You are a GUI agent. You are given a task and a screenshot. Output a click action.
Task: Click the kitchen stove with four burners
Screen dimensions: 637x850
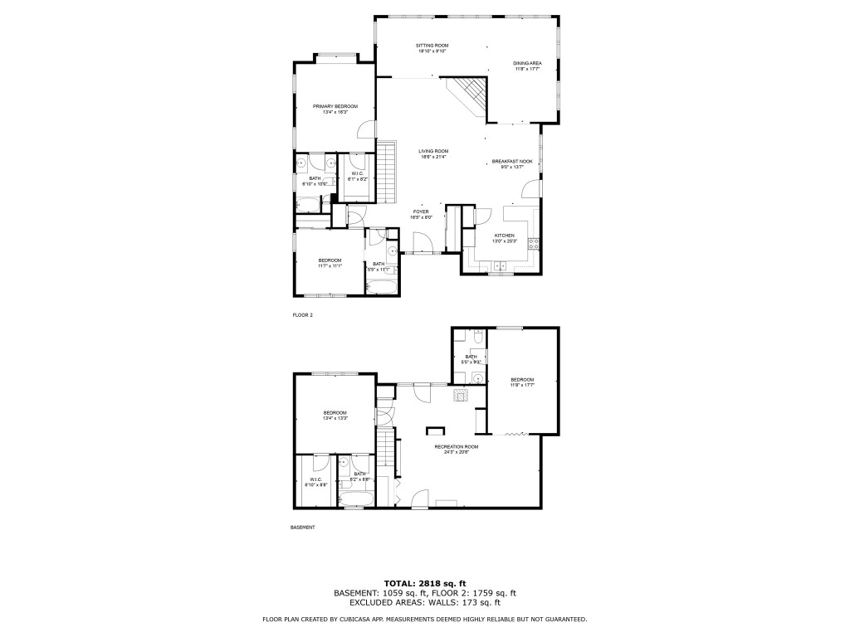pos(536,244)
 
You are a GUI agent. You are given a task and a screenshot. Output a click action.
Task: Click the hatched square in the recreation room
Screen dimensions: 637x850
pos(461,396)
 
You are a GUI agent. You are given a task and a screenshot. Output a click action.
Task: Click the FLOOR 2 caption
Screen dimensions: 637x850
pos(302,316)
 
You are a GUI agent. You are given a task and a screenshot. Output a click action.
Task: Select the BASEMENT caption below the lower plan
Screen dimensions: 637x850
pos(302,528)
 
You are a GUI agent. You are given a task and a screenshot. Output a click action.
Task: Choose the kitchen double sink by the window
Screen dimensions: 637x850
pos(500,266)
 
